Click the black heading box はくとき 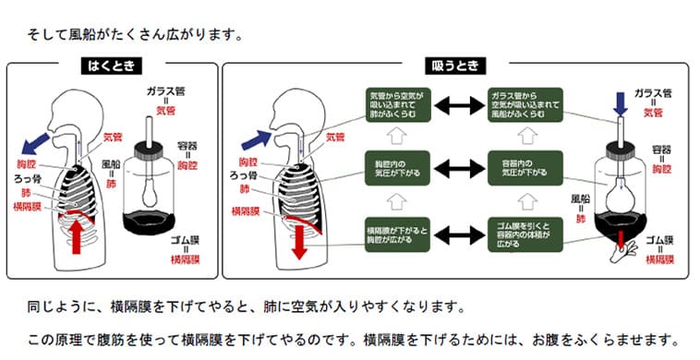(x=112, y=66)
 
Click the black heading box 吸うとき (x=455, y=66)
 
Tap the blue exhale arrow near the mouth (x=35, y=143)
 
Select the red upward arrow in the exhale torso (x=77, y=234)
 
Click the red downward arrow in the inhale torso (x=299, y=241)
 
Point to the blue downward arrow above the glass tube (x=620, y=103)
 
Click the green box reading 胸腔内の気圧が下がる (x=397, y=168)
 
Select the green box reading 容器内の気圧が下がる (x=525, y=168)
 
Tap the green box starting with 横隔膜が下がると (x=397, y=235)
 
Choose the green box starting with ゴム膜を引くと (x=525, y=235)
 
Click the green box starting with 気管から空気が (x=397, y=105)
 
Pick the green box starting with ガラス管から (x=525, y=105)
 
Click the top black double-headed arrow (x=459, y=106)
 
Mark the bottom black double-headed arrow (x=459, y=235)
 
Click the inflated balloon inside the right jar (x=620, y=196)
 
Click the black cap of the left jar (x=149, y=150)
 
